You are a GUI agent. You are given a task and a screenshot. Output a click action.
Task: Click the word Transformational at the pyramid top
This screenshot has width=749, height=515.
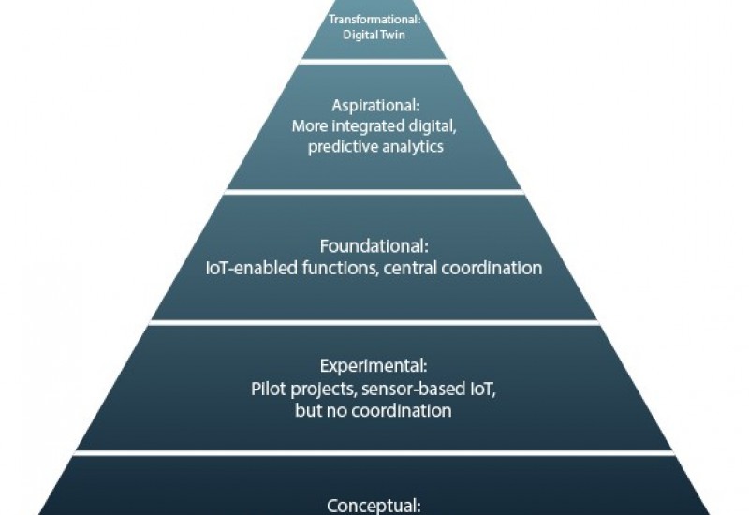374,18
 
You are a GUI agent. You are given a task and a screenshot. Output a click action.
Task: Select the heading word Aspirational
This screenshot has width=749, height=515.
374,106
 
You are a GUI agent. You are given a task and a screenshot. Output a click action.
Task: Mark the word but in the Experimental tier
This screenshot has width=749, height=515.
310,410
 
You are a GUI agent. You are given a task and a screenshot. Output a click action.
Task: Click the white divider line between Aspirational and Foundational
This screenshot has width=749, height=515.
374,191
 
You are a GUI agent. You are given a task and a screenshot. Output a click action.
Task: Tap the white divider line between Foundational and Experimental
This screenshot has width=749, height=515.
374,322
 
